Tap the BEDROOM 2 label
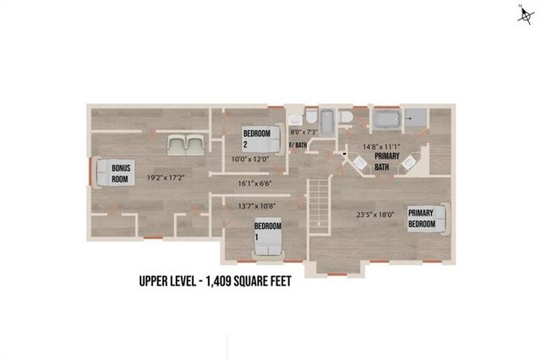pos(256,138)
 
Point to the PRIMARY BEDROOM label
pos(422,219)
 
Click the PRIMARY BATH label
pos(389,161)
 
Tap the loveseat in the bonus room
pos(184,145)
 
